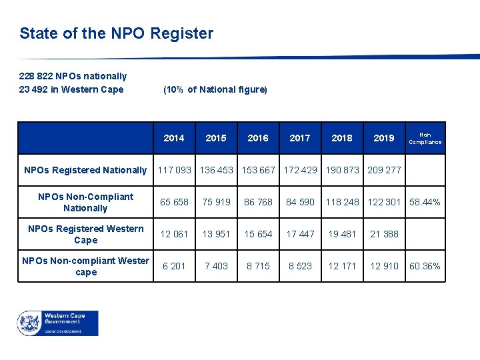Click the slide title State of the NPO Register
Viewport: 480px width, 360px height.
[x=117, y=33]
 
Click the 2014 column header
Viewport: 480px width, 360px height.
[x=174, y=138]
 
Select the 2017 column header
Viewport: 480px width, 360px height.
[x=300, y=138]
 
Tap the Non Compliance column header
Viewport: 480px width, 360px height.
[x=425, y=138]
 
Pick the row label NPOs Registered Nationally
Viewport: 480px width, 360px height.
[x=85, y=170]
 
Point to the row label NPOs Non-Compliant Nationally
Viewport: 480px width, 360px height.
[x=85, y=202]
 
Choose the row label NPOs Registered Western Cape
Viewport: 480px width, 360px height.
[x=85, y=234]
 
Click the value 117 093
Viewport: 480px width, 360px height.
[x=174, y=170]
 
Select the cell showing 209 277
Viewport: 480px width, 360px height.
[x=384, y=170]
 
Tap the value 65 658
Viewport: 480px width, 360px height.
[x=174, y=202]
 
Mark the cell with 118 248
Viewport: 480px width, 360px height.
[x=342, y=202]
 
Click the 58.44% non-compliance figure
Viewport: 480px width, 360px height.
[x=425, y=202]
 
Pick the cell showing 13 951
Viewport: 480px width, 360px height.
[x=216, y=234]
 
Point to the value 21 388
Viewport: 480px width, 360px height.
[x=384, y=234]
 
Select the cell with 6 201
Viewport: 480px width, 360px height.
[x=174, y=266]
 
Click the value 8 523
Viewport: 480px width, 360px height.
[x=300, y=266]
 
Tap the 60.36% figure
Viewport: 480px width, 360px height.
[x=425, y=266]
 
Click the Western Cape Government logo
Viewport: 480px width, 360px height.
[x=57, y=323]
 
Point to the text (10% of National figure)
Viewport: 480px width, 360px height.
[x=215, y=89]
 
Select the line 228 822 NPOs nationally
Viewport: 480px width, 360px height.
[x=73, y=76]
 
